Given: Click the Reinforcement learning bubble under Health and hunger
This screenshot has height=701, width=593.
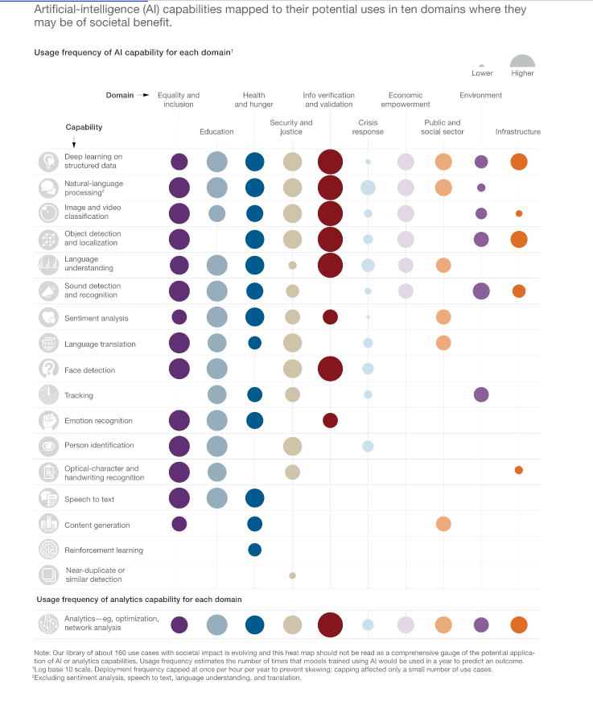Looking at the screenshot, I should (x=254, y=550).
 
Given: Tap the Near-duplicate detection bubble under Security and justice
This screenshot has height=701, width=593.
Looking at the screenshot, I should (x=292, y=575).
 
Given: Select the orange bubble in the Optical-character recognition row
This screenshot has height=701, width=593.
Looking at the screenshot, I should (x=518, y=470).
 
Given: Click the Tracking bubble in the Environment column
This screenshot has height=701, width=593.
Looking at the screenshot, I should (x=481, y=394).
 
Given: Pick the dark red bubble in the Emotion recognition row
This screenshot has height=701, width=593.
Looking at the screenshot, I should (x=330, y=420).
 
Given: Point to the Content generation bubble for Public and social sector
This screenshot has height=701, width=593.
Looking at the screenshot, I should (x=443, y=524).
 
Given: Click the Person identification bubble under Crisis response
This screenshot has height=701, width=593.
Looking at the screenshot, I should (x=368, y=446).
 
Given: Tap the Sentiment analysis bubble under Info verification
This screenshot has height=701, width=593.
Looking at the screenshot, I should (x=330, y=317).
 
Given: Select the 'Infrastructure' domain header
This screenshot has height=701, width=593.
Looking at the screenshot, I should (x=517, y=132).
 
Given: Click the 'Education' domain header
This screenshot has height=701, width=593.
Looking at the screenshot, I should (x=216, y=132).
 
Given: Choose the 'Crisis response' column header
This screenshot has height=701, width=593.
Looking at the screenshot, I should (x=368, y=127).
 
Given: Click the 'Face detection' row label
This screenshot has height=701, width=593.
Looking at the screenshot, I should (x=89, y=370).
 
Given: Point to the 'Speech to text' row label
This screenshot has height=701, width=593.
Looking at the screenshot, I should (x=89, y=499).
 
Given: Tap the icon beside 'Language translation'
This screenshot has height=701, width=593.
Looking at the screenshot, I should (x=48, y=344).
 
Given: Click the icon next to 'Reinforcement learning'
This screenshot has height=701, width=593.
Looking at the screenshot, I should (x=48, y=550).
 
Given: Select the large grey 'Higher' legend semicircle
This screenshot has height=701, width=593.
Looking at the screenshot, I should (x=522, y=61).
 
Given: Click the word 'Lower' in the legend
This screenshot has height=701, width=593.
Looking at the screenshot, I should (x=481, y=74).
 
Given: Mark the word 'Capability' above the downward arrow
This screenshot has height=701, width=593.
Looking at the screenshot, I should (x=84, y=127).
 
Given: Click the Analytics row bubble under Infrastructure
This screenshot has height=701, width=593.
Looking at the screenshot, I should (x=519, y=625).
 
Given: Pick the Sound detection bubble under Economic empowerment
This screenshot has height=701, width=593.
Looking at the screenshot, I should (x=406, y=291).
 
